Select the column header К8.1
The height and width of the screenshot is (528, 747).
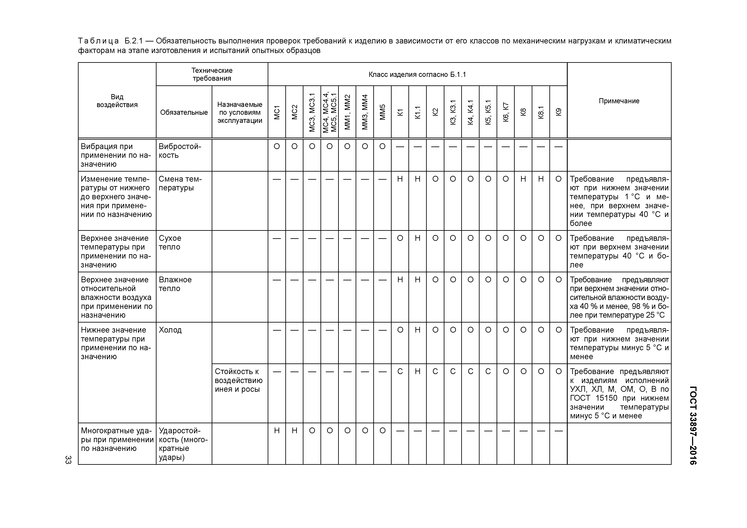coord(541,112)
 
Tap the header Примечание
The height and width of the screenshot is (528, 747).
coord(619,101)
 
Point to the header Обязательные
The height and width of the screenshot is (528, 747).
coord(184,112)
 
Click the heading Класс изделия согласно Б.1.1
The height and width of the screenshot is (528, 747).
coord(417,75)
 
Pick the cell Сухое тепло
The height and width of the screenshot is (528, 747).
coord(170,242)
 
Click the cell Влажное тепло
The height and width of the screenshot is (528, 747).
coord(175,284)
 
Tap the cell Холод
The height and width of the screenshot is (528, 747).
coord(170,330)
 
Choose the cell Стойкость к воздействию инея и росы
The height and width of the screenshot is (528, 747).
coord(238,380)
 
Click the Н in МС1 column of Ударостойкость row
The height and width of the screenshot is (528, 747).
coord(277,430)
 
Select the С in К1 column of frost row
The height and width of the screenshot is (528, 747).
coord(400,371)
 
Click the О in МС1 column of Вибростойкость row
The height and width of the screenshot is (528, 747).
coord(277,146)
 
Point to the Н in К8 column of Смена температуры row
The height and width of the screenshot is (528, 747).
coord(523,179)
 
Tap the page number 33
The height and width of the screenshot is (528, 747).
coord(68,459)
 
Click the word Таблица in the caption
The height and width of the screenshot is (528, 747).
coord(99,41)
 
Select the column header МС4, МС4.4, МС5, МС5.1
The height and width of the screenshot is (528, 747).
coord(330,112)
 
